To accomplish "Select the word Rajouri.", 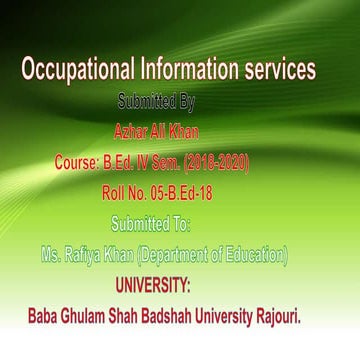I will click(x=302, y=313).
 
